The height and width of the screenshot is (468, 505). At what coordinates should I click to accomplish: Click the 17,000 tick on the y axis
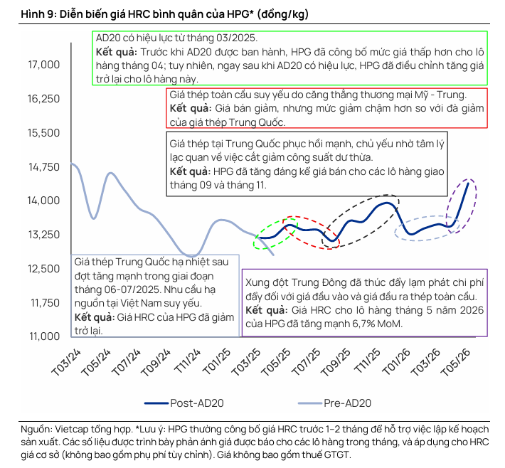(43, 65)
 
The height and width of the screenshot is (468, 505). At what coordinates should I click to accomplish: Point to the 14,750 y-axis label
(43, 167)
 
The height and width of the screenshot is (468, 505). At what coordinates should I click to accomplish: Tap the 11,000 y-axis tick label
(43, 336)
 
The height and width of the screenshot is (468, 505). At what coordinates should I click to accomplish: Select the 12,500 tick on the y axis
(43, 269)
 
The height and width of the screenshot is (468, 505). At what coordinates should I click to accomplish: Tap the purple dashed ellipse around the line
(461, 205)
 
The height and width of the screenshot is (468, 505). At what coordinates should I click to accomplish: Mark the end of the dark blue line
(467, 184)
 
